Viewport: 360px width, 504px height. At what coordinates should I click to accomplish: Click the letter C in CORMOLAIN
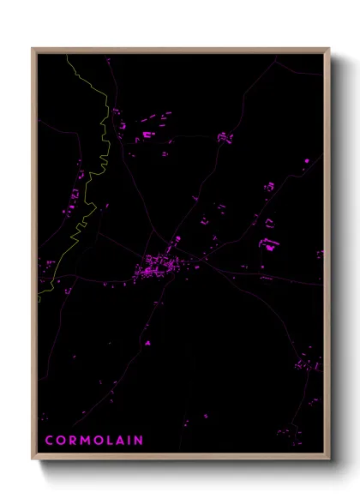[49, 441]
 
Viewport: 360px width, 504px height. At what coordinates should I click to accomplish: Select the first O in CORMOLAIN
[62, 441]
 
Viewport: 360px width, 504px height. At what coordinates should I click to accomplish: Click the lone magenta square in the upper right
[306, 160]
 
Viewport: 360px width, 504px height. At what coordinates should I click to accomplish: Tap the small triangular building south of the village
[147, 343]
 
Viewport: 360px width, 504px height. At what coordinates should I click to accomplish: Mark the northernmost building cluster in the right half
[225, 137]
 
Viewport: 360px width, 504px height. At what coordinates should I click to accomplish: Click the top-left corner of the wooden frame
[33, 49]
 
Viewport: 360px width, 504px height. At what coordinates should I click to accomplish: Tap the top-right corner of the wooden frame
[329, 49]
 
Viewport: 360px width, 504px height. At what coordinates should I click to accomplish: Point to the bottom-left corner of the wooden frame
[33, 460]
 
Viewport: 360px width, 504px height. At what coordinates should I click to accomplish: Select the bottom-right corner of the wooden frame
[329, 460]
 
